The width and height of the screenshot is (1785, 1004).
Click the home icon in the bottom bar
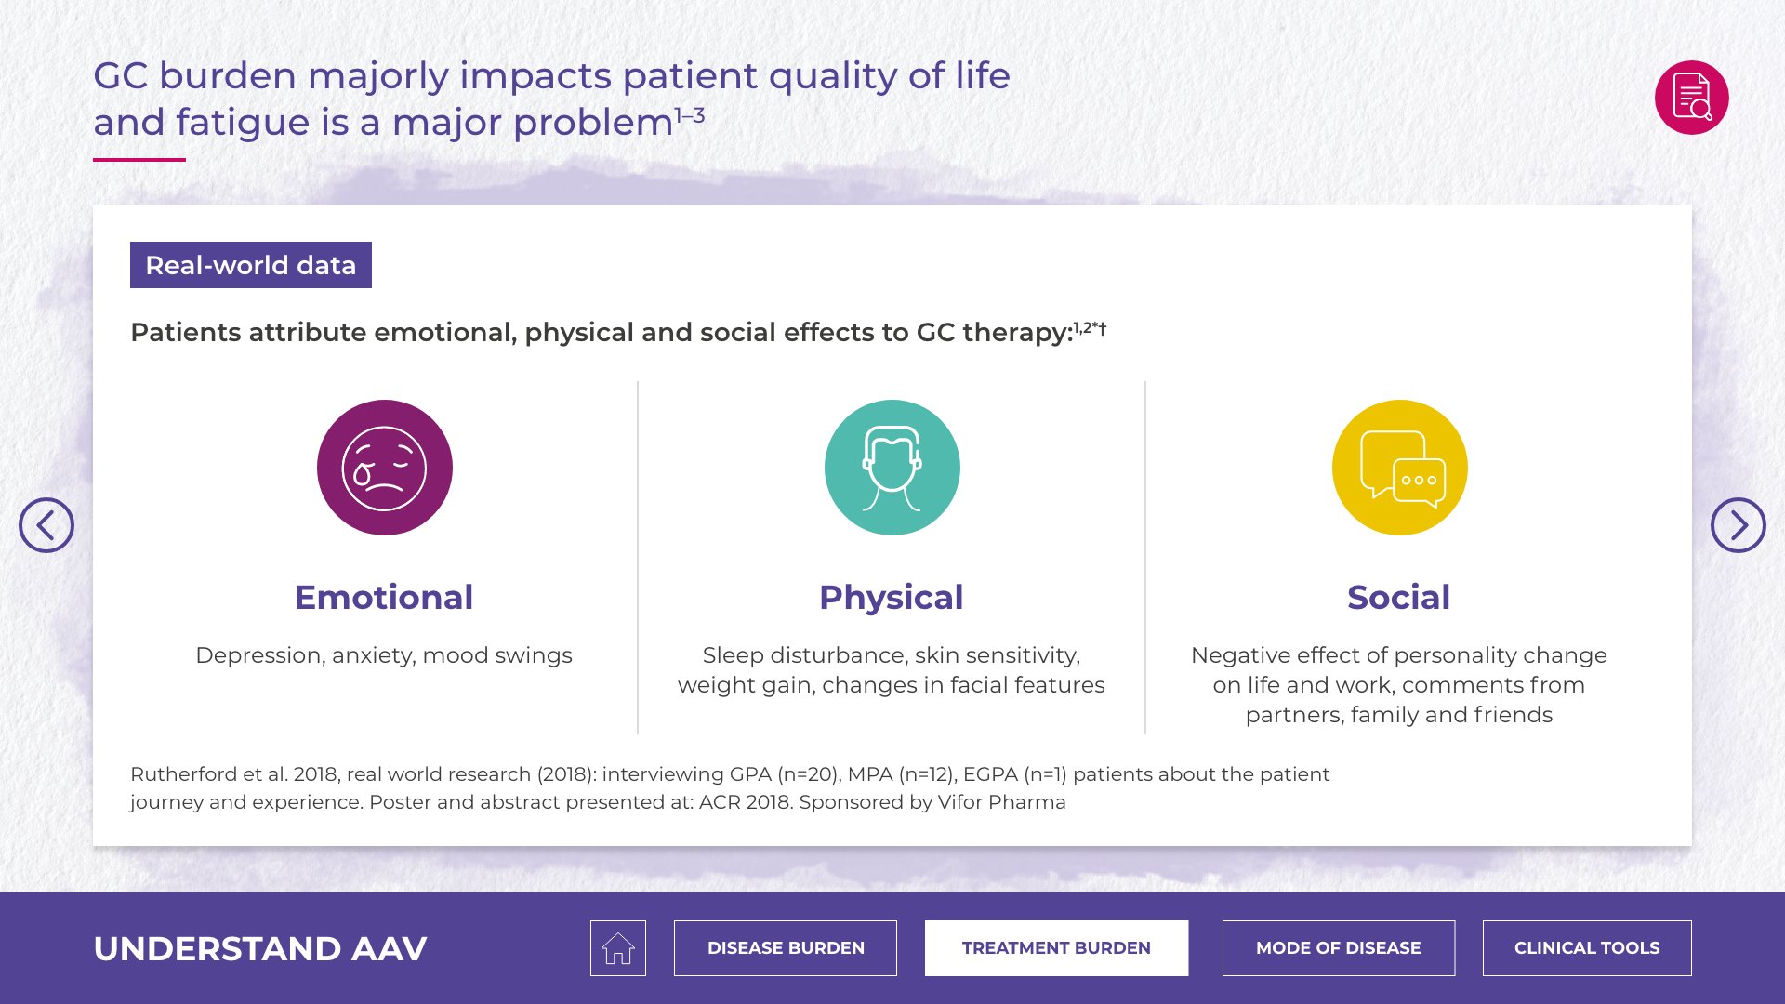[617, 948]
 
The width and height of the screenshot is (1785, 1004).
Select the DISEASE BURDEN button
[786, 948]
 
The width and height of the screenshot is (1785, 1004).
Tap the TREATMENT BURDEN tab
[1056, 948]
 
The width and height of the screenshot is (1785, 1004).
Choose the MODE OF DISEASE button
[1339, 948]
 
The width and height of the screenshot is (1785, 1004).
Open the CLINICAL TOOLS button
[1587, 948]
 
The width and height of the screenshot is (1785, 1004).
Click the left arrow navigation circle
[46, 525]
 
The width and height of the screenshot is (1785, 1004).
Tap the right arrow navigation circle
[1739, 525]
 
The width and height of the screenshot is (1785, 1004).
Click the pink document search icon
[1692, 98]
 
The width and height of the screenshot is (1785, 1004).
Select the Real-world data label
[251, 265]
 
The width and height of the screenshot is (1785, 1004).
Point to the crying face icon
[385, 468]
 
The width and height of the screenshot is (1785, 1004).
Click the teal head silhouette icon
[892, 468]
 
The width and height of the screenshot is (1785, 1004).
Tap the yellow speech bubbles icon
[1400, 468]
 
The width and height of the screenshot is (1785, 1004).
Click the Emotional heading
[384, 598]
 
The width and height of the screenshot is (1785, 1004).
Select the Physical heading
[892, 598]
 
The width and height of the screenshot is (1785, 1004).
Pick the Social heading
[1399, 598]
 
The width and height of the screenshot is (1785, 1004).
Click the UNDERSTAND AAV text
[260, 949]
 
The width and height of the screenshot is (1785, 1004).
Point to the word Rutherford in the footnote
[184, 774]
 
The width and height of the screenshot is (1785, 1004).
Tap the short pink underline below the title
[139, 160]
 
